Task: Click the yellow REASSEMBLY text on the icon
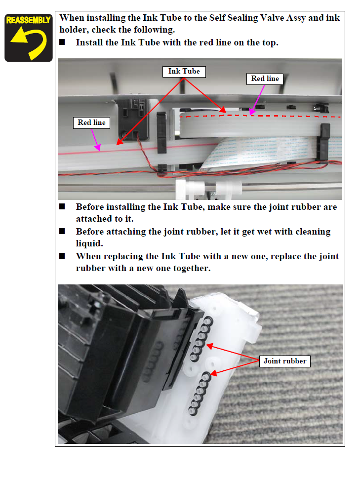tap(28, 20)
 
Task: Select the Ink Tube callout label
tap(184, 72)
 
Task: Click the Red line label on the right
tap(265, 79)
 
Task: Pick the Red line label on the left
tap(91, 122)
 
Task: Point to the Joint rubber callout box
tap(284, 361)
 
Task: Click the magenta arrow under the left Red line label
tap(95, 140)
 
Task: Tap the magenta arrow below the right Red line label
tap(257, 100)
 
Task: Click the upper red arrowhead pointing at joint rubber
tap(210, 346)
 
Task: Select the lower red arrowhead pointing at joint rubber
tap(214, 373)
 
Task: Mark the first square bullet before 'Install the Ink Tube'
tap(62, 42)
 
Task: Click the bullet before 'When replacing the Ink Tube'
tap(62, 256)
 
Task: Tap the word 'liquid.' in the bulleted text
tap(89, 243)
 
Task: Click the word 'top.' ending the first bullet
tap(270, 43)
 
